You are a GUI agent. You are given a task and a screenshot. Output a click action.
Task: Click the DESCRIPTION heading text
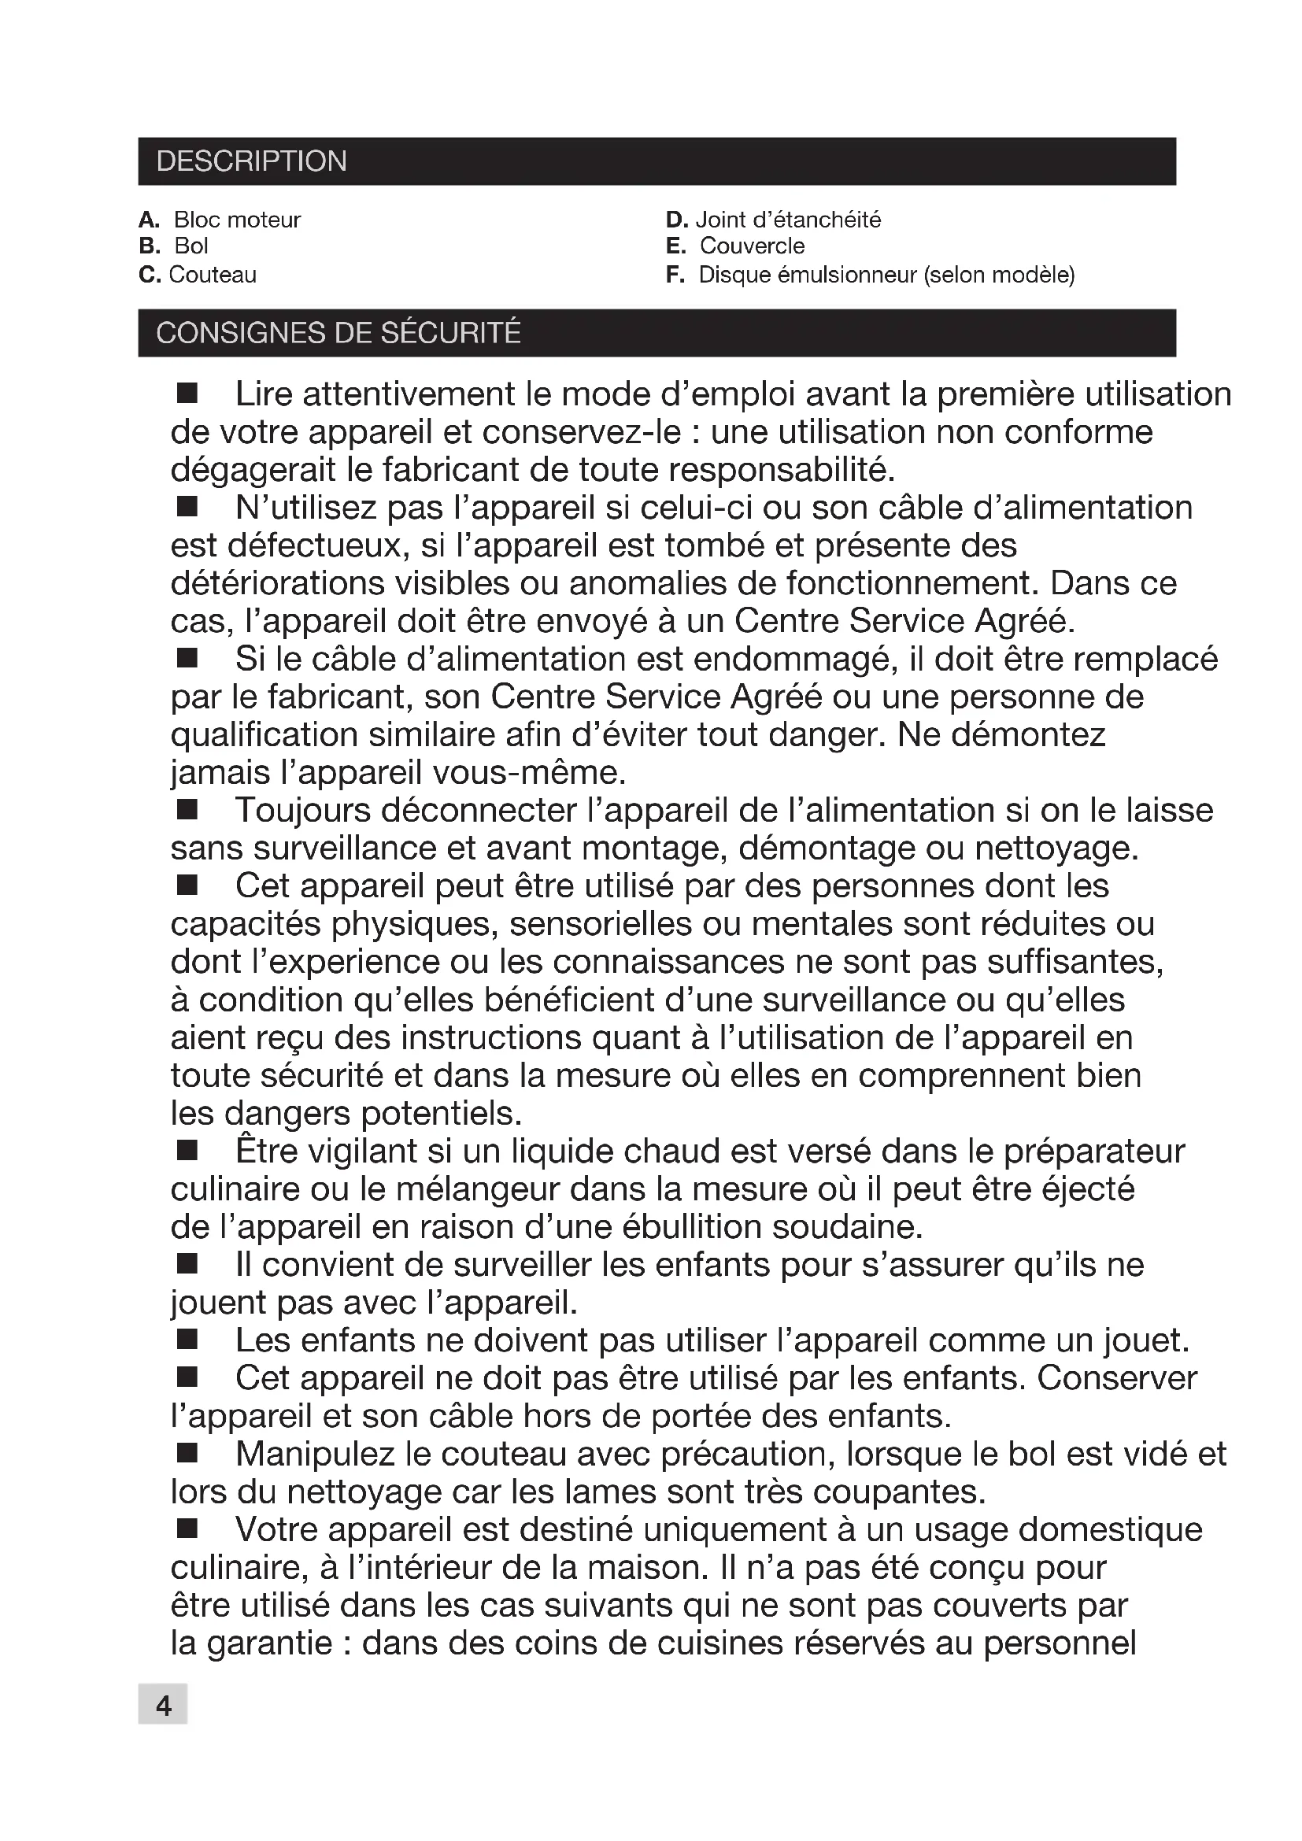(x=251, y=161)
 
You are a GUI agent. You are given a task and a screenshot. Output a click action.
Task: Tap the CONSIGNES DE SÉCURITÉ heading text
(x=338, y=333)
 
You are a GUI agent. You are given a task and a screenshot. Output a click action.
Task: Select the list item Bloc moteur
(x=236, y=220)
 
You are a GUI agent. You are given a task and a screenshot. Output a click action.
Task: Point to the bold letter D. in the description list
(x=677, y=220)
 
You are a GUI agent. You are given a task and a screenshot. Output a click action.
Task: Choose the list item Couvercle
(x=752, y=246)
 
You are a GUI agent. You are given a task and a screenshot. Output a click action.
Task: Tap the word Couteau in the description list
(x=213, y=275)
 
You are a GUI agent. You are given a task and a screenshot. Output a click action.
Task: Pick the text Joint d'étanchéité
(x=788, y=220)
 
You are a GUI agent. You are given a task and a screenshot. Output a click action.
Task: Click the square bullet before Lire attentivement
(x=187, y=393)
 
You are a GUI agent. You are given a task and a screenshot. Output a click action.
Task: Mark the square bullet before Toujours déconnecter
(x=187, y=810)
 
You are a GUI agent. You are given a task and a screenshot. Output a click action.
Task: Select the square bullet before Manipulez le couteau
(x=187, y=1453)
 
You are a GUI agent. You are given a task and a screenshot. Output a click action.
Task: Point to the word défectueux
(x=313, y=546)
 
